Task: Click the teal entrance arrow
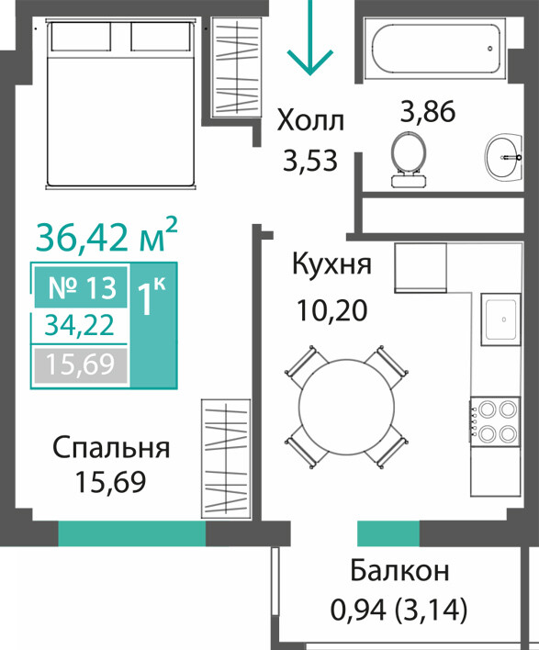point(310,38)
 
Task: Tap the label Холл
point(310,120)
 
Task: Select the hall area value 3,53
point(310,161)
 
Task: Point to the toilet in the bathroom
point(409,159)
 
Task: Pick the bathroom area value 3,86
point(428,111)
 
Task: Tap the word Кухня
point(331,263)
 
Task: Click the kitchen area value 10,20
point(332,310)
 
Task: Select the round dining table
point(346,407)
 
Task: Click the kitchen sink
point(500,319)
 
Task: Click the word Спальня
point(111,447)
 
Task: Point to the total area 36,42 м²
point(107,236)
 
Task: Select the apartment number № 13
point(82,287)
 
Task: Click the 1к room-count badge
point(153,325)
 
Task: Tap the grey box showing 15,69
point(81,364)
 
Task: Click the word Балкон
point(399,571)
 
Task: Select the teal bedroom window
point(132,533)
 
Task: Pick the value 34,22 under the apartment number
point(79,325)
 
